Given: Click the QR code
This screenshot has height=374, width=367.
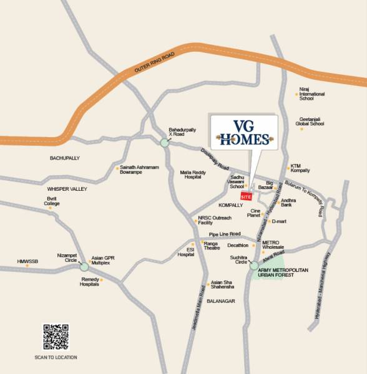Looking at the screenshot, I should point(56,337).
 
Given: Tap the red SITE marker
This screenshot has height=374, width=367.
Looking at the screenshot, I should point(245,196).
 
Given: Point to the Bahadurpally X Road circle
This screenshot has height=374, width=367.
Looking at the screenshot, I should point(165,143).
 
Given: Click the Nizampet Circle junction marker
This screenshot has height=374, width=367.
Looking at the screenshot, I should point(84,266).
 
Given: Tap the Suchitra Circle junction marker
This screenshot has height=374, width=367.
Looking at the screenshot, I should point(254,266).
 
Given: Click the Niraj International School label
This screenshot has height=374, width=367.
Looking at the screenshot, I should point(312,94).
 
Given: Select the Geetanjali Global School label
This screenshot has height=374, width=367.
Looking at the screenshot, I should point(310,122).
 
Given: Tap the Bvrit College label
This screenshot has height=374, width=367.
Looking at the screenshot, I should point(52,201).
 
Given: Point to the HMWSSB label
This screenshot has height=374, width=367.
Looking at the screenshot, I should point(28,261).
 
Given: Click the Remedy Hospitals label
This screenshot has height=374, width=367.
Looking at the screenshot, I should point(90,282).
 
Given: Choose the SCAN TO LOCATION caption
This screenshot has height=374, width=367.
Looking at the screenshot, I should point(56,357).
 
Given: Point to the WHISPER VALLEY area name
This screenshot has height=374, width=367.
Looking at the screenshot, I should point(67,189).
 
